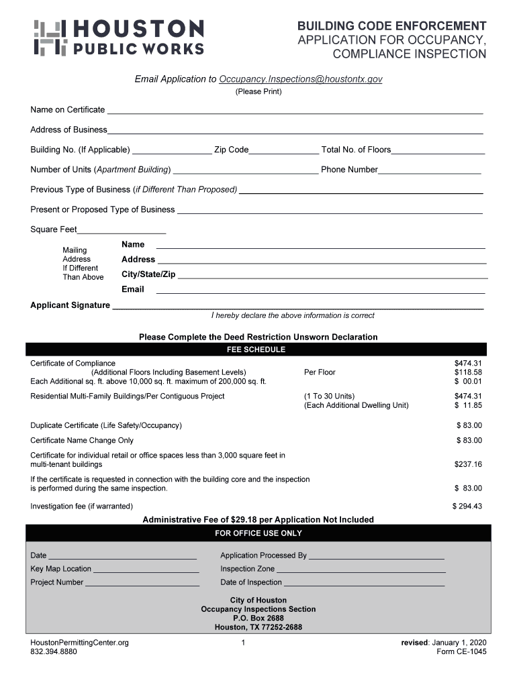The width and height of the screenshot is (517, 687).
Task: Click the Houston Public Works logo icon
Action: tap(50, 38)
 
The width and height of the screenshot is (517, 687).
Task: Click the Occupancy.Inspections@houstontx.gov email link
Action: tap(301, 79)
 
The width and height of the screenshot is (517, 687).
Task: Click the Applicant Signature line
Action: tap(297, 307)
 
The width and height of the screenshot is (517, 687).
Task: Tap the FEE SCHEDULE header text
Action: tap(255, 350)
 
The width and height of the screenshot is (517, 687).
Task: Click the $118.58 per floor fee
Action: tap(468, 372)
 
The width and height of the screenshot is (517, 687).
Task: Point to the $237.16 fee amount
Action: tap(468, 464)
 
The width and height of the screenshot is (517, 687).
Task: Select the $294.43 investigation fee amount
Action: tap(467, 507)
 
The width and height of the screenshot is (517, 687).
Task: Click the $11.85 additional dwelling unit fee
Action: tap(468, 405)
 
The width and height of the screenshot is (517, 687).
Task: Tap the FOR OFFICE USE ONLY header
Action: tap(258, 533)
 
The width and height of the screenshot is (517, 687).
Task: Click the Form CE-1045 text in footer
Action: tap(461, 651)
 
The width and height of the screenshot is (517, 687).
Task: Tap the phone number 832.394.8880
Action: tap(54, 651)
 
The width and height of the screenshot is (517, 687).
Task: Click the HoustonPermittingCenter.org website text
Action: tap(79, 643)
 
